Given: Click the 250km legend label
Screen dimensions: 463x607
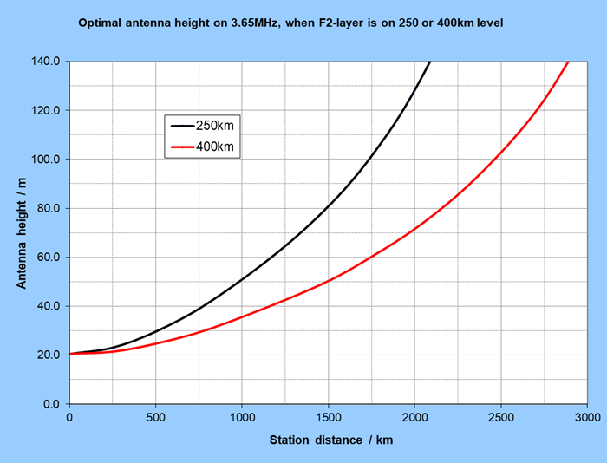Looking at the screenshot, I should [x=215, y=126].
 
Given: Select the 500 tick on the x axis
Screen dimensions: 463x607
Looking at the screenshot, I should [x=156, y=418].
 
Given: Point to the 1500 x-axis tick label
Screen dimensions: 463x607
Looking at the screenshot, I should [x=329, y=418].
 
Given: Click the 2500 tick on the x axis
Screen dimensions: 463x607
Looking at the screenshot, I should [x=501, y=418].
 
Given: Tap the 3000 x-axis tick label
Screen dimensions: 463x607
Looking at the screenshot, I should [x=587, y=418].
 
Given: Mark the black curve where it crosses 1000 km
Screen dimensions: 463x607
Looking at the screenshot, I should [x=242, y=279].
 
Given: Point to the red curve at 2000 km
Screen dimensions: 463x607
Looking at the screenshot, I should [x=414, y=230].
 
